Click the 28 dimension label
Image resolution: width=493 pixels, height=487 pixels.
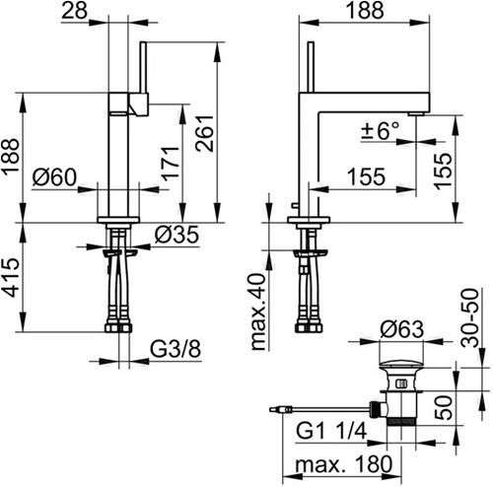(x=75, y=10)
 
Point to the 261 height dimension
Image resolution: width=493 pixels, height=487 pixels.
(x=204, y=133)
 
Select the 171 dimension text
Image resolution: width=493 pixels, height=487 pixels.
(x=172, y=164)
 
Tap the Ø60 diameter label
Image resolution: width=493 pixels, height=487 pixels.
(x=54, y=177)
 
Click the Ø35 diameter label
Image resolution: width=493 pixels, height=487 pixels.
(x=176, y=235)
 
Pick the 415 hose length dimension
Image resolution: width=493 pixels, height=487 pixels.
(x=11, y=277)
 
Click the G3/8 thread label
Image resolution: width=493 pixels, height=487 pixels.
(x=176, y=349)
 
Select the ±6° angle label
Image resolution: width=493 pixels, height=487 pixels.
(x=381, y=131)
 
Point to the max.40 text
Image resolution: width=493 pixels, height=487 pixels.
(x=258, y=312)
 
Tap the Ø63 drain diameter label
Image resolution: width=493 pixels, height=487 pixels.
(x=401, y=329)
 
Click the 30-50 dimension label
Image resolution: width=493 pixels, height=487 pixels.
(x=470, y=317)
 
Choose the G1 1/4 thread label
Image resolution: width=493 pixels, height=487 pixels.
(x=331, y=431)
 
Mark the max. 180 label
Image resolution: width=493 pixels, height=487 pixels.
(x=344, y=464)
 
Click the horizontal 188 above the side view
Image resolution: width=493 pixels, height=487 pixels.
(x=365, y=10)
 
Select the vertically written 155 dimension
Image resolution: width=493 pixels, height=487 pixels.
(x=443, y=171)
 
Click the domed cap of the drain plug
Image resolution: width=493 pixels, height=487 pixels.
(x=400, y=364)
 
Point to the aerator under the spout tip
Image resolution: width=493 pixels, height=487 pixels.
(x=417, y=113)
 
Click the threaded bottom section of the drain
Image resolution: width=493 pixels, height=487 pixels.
(x=402, y=422)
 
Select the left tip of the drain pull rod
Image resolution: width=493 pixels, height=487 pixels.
(x=270, y=409)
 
